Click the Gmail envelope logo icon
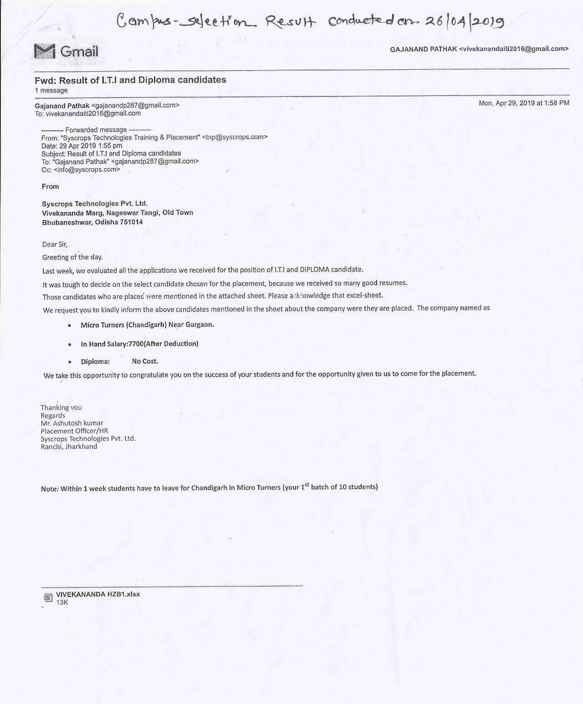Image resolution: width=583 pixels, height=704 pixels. (x=45, y=51)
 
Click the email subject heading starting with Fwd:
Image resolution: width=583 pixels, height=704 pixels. (x=130, y=80)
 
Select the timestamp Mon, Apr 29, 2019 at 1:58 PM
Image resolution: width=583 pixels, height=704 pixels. (x=524, y=103)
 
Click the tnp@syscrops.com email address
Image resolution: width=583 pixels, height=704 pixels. (x=235, y=137)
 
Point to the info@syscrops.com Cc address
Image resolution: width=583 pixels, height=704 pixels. (x=87, y=169)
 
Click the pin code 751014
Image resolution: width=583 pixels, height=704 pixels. (x=132, y=222)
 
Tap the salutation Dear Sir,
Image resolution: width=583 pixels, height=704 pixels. (x=55, y=244)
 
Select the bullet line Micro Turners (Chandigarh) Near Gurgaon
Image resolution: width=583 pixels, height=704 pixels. (x=147, y=325)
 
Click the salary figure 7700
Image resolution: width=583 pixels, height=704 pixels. (x=136, y=343)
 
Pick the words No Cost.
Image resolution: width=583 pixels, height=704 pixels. (x=145, y=361)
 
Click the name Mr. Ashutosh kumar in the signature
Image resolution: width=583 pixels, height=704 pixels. (x=72, y=423)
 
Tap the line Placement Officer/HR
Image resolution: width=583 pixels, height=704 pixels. (x=74, y=430)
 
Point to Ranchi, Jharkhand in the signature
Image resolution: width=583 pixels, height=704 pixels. (x=69, y=446)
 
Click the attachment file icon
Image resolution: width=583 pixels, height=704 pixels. (x=47, y=597)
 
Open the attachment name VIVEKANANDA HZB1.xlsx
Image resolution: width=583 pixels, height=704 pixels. (x=98, y=594)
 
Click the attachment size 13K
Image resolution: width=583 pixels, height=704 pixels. (x=62, y=602)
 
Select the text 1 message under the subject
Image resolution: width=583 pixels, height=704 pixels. (x=51, y=90)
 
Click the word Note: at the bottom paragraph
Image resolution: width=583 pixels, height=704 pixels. (x=50, y=489)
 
